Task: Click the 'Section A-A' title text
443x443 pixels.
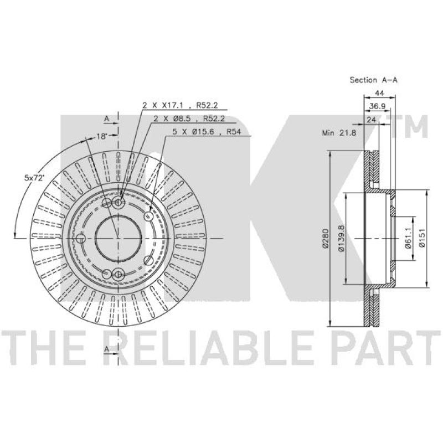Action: (x=373, y=80)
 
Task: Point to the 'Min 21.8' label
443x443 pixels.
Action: (x=338, y=133)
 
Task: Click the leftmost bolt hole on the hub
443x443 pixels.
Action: (x=81, y=239)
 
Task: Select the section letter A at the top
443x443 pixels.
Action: (x=106, y=118)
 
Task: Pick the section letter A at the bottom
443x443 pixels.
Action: (x=106, y=348)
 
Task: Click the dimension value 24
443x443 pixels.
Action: (x=371, y=119)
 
